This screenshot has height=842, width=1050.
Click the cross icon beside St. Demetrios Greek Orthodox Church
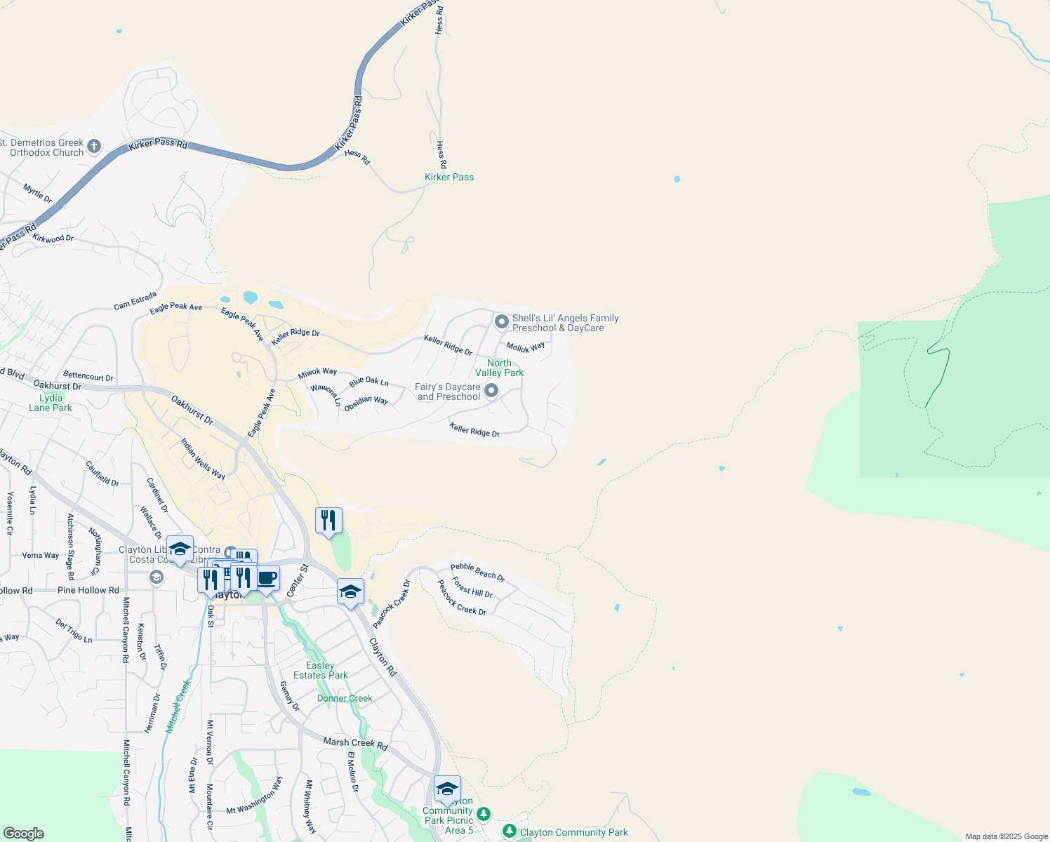(x=94, y=147)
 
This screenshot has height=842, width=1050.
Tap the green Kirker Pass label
(x=449, y=177)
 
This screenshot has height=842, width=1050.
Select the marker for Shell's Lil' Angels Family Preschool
(x=501, y=321)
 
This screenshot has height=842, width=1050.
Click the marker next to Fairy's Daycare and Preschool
(x=491, y=391)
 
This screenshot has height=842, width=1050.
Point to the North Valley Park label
(x=499, y=368)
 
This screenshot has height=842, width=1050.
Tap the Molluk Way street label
(x=526, y=347)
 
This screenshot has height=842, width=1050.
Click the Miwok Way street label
(x=317, y=373)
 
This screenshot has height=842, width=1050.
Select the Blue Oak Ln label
(x=368, y=382)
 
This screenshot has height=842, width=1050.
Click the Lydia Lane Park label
(x=51, y=403)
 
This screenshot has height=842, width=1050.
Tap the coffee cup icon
(x=267, y=578)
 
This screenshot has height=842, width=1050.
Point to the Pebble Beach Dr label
(x=477, y=572)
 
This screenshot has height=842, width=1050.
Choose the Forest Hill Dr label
(x=472, y=587)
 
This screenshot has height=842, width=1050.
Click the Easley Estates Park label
(x=321, y=670)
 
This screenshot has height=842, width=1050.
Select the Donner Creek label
(x=345, y=698)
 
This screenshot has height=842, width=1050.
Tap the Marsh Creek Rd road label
(x=355, y=743)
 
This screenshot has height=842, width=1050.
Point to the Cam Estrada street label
(x=135, y=301)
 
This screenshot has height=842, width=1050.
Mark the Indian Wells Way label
(x=203, y=459)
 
